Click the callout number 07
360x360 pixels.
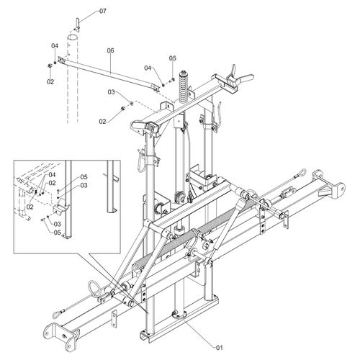click(x=103, y=11)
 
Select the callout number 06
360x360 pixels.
click(x=110, y=50)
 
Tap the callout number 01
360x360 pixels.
click(x=220, y=348)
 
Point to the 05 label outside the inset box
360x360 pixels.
click(x=172, y=58)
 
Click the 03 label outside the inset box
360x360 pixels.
click(x=111, y=92)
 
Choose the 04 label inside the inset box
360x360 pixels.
click(x=52, y=174)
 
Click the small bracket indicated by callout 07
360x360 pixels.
click(x=77, y=24)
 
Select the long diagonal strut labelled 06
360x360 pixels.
click(x=109, y=73)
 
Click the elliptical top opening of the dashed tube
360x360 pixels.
click(x=72, y=37)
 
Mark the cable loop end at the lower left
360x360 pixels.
click(x=58, y=313)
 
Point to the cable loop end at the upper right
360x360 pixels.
click(x=300, y=173)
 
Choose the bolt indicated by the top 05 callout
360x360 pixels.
click(x=172, y=81)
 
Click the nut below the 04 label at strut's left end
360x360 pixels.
click(x=49, y=66)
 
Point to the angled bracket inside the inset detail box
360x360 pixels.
click(x=60, y=207)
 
